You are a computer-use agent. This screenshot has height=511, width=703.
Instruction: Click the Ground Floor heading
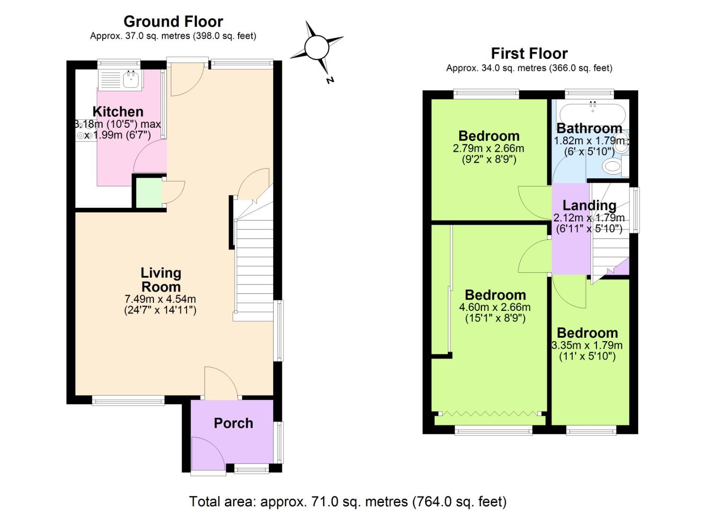pyautogui.click(x=173, y=21)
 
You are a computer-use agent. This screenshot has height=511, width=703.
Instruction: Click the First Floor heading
pyautogui.click(x=529, y=53)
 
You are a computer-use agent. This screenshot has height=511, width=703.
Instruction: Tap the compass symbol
pyautogui.click(x=316, y=48)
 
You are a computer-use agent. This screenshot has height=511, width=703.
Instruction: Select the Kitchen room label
pyautogui.click(x=118, y=112)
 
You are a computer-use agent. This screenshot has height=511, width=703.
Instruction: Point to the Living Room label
pyautogui.click(x=160, y=280)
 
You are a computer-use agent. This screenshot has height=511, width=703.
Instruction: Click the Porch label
pyautogui.click(x=233, y=423)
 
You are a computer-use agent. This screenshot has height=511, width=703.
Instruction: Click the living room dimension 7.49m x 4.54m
pyautogui.click(x=160, y=299)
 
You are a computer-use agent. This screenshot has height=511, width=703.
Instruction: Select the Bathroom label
pyautogui.click(x=589, y=128)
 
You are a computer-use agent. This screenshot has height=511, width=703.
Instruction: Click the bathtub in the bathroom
pyautogui.click(x=593, y=114)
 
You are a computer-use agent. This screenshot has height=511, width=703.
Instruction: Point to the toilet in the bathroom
pyautogui.click(x=613, y=166)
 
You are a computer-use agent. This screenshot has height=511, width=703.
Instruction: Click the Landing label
pyautogui.click(x=589, y=205)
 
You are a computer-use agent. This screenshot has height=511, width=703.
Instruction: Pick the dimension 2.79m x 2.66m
pyautogui.click(x=489, y=148)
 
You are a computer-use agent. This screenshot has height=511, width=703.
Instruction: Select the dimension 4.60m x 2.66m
pyautogui.click(x=495, y=307)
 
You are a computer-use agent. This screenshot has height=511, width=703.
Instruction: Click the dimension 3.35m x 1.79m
pyautogui.click(x=587, y=345)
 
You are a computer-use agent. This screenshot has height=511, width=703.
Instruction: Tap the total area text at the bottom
pyautogui.click(x=347, y=501)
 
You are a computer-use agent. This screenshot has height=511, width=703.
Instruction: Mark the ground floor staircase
pyautogui.click(x=254, y=265)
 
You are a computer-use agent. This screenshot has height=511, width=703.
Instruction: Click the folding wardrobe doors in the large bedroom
pyautogui.click(x=489, y=414)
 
